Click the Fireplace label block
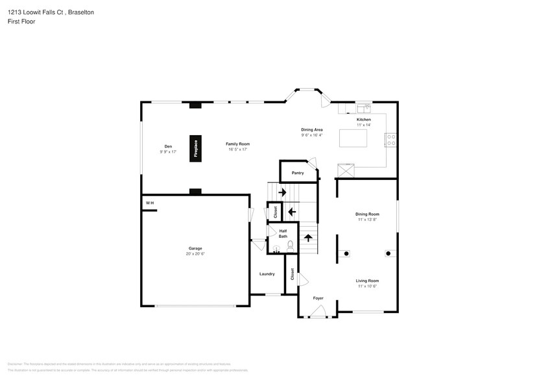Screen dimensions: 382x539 click(195, 147)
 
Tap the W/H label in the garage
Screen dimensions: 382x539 click(150, 204)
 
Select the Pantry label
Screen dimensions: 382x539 click(297, 173)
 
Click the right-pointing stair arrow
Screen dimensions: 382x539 click(282, 192)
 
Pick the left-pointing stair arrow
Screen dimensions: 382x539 click(292, 210)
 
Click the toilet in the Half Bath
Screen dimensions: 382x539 click(291, 245)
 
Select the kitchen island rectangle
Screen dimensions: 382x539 click(353, 138)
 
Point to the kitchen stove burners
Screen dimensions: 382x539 click(392, 140)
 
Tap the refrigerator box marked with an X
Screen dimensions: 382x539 click(345, 171)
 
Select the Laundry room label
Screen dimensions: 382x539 click(267, 274)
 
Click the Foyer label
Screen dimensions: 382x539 click(318, 298)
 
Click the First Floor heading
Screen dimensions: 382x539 click(21, 21)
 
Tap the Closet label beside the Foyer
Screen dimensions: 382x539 click(292, 274)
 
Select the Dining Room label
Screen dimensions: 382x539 click(367, 214)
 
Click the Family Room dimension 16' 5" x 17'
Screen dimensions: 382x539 click(237, 149)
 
